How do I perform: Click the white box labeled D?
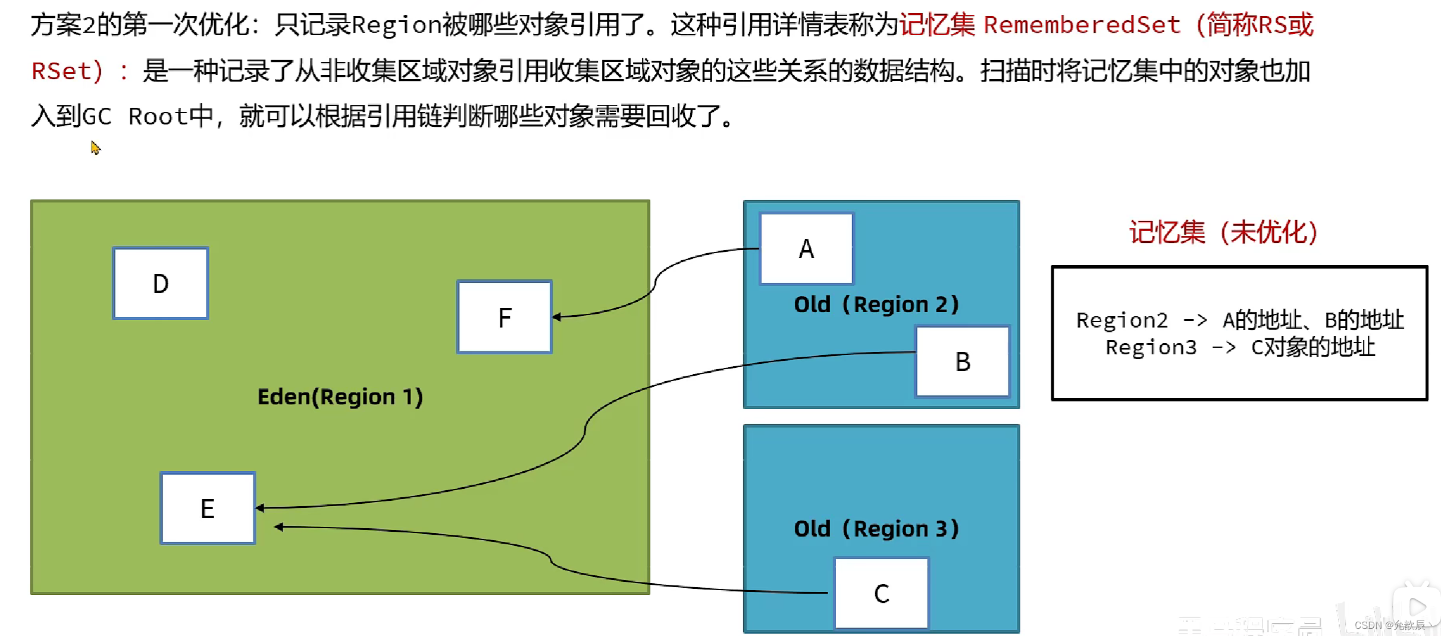coord(161,283)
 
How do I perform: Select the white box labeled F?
coord(505,317)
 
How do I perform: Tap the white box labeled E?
coord(208,509)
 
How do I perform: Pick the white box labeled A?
coord(807,248)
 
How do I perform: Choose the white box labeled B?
coord(963,361)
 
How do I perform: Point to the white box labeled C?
coord(882,593)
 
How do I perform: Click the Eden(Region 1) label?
coord(340,397)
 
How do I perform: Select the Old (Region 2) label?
coord(876,304)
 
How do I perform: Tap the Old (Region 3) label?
coord(876,529)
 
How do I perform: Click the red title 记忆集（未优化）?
coord(1223,232)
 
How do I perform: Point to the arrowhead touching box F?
coord(557,317)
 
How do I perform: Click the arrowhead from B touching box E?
coord(261,508)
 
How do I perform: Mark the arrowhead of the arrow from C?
coord(278,526)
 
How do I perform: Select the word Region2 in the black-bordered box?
coord(1122,320)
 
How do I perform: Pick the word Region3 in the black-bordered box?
coord(1151,347)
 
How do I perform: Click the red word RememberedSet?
coord(1082,25)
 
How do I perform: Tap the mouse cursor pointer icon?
coord(95,147)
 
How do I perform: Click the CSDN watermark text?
coord(1389,625)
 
